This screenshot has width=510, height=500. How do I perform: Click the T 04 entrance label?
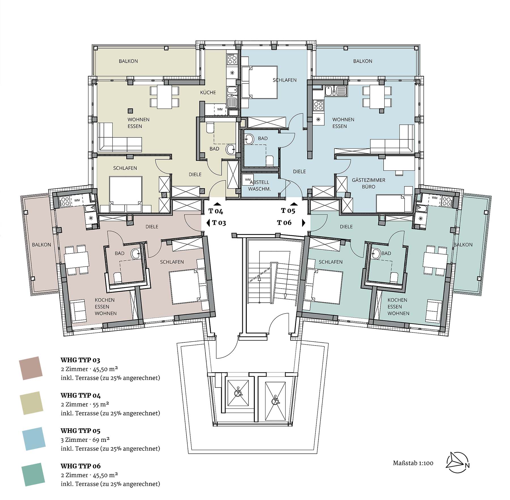tap(216, 211)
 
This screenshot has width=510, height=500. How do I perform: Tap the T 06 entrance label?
tap(284, 223)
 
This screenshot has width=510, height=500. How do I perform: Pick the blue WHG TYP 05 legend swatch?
tap(34, 439)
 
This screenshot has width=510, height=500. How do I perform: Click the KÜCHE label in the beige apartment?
tap(208, 92)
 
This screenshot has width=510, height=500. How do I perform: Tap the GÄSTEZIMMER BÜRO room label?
tap(369, 183)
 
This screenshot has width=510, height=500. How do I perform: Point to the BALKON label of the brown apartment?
tap(42, 245)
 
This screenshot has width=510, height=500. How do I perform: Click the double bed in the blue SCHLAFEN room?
tap(259, 82)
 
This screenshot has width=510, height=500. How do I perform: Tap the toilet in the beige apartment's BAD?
tap(210, 128)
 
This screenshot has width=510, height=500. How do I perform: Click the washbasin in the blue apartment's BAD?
tap(249, 139)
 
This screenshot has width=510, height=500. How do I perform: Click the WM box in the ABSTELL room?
tap(247, 180)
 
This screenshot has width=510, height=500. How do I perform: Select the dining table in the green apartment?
tap(435, 260)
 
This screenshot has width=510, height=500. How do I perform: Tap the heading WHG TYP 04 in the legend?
tap(81, 395)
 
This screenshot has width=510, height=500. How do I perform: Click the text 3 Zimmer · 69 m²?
tap(85, 440)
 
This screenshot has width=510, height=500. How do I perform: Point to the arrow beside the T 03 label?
tap(208, 223)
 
